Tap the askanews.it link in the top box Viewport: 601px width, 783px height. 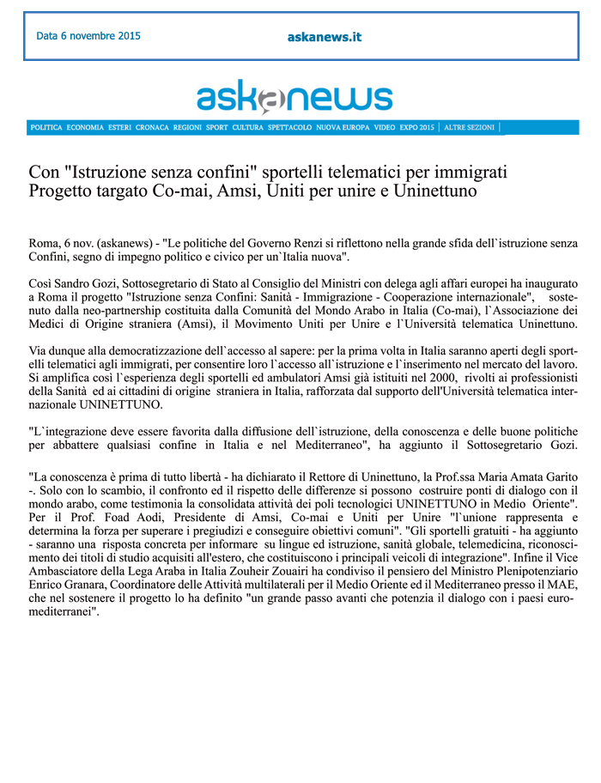[x=324, y=37]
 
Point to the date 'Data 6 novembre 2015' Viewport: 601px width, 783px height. [x=88, y=37]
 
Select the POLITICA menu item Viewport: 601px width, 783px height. [x=46, y=128]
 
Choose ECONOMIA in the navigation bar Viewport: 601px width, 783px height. [x=85, y=128]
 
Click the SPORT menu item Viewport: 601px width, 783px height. [x=217, y=128]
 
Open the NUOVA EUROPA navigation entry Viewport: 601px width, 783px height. [x=343, y=128]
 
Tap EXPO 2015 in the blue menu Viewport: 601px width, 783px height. [x=416, y=128]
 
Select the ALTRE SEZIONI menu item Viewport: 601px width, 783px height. [x=470, y=128]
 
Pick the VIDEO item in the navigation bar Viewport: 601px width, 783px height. [x=384, y=128]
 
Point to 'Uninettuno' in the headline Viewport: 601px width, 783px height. [x=434, y=190]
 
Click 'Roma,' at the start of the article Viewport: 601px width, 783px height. [x=46, y=243]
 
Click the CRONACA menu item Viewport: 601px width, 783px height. [x=152, y=128]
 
